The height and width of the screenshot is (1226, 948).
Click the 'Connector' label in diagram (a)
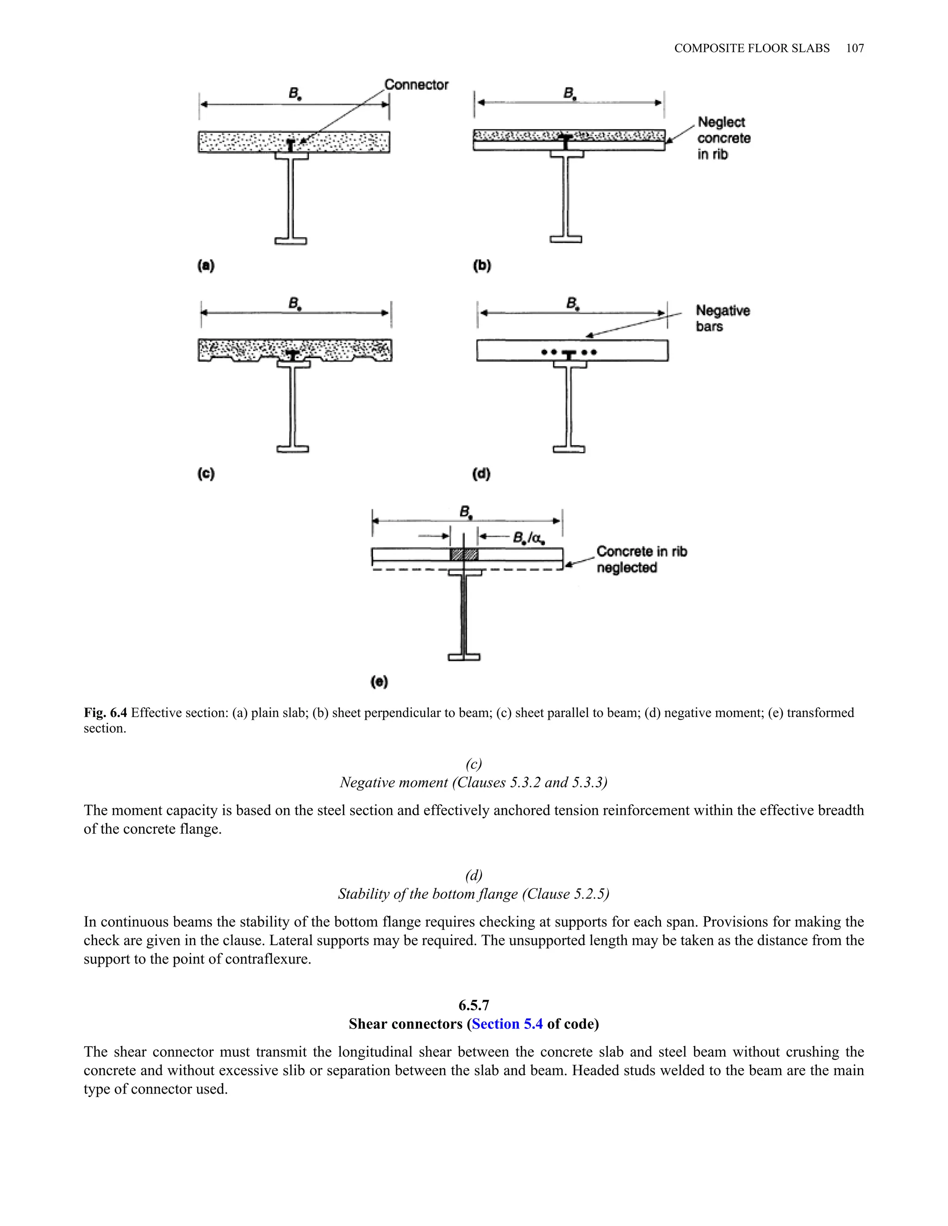click(416, 85)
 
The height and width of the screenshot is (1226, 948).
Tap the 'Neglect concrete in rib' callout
click(723, 138)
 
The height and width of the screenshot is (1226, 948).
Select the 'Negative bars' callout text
click(722, 318)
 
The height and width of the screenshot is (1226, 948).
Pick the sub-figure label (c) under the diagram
click(206, 473)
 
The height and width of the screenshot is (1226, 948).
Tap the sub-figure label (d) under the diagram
click(481, 473)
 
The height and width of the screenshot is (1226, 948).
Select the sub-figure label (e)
click(380, 681)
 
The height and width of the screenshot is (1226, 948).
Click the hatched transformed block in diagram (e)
click(464, 555)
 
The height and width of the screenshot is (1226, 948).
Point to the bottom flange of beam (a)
click(291, 241)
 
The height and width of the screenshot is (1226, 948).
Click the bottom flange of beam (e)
click(464, 657)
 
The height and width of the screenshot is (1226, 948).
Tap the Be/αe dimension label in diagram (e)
click(529, 539)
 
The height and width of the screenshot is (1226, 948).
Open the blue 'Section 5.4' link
click(507, 1024)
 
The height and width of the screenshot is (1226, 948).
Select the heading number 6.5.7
click(474, 1005)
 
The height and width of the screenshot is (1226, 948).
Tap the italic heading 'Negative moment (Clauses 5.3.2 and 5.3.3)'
click(474, 782)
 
